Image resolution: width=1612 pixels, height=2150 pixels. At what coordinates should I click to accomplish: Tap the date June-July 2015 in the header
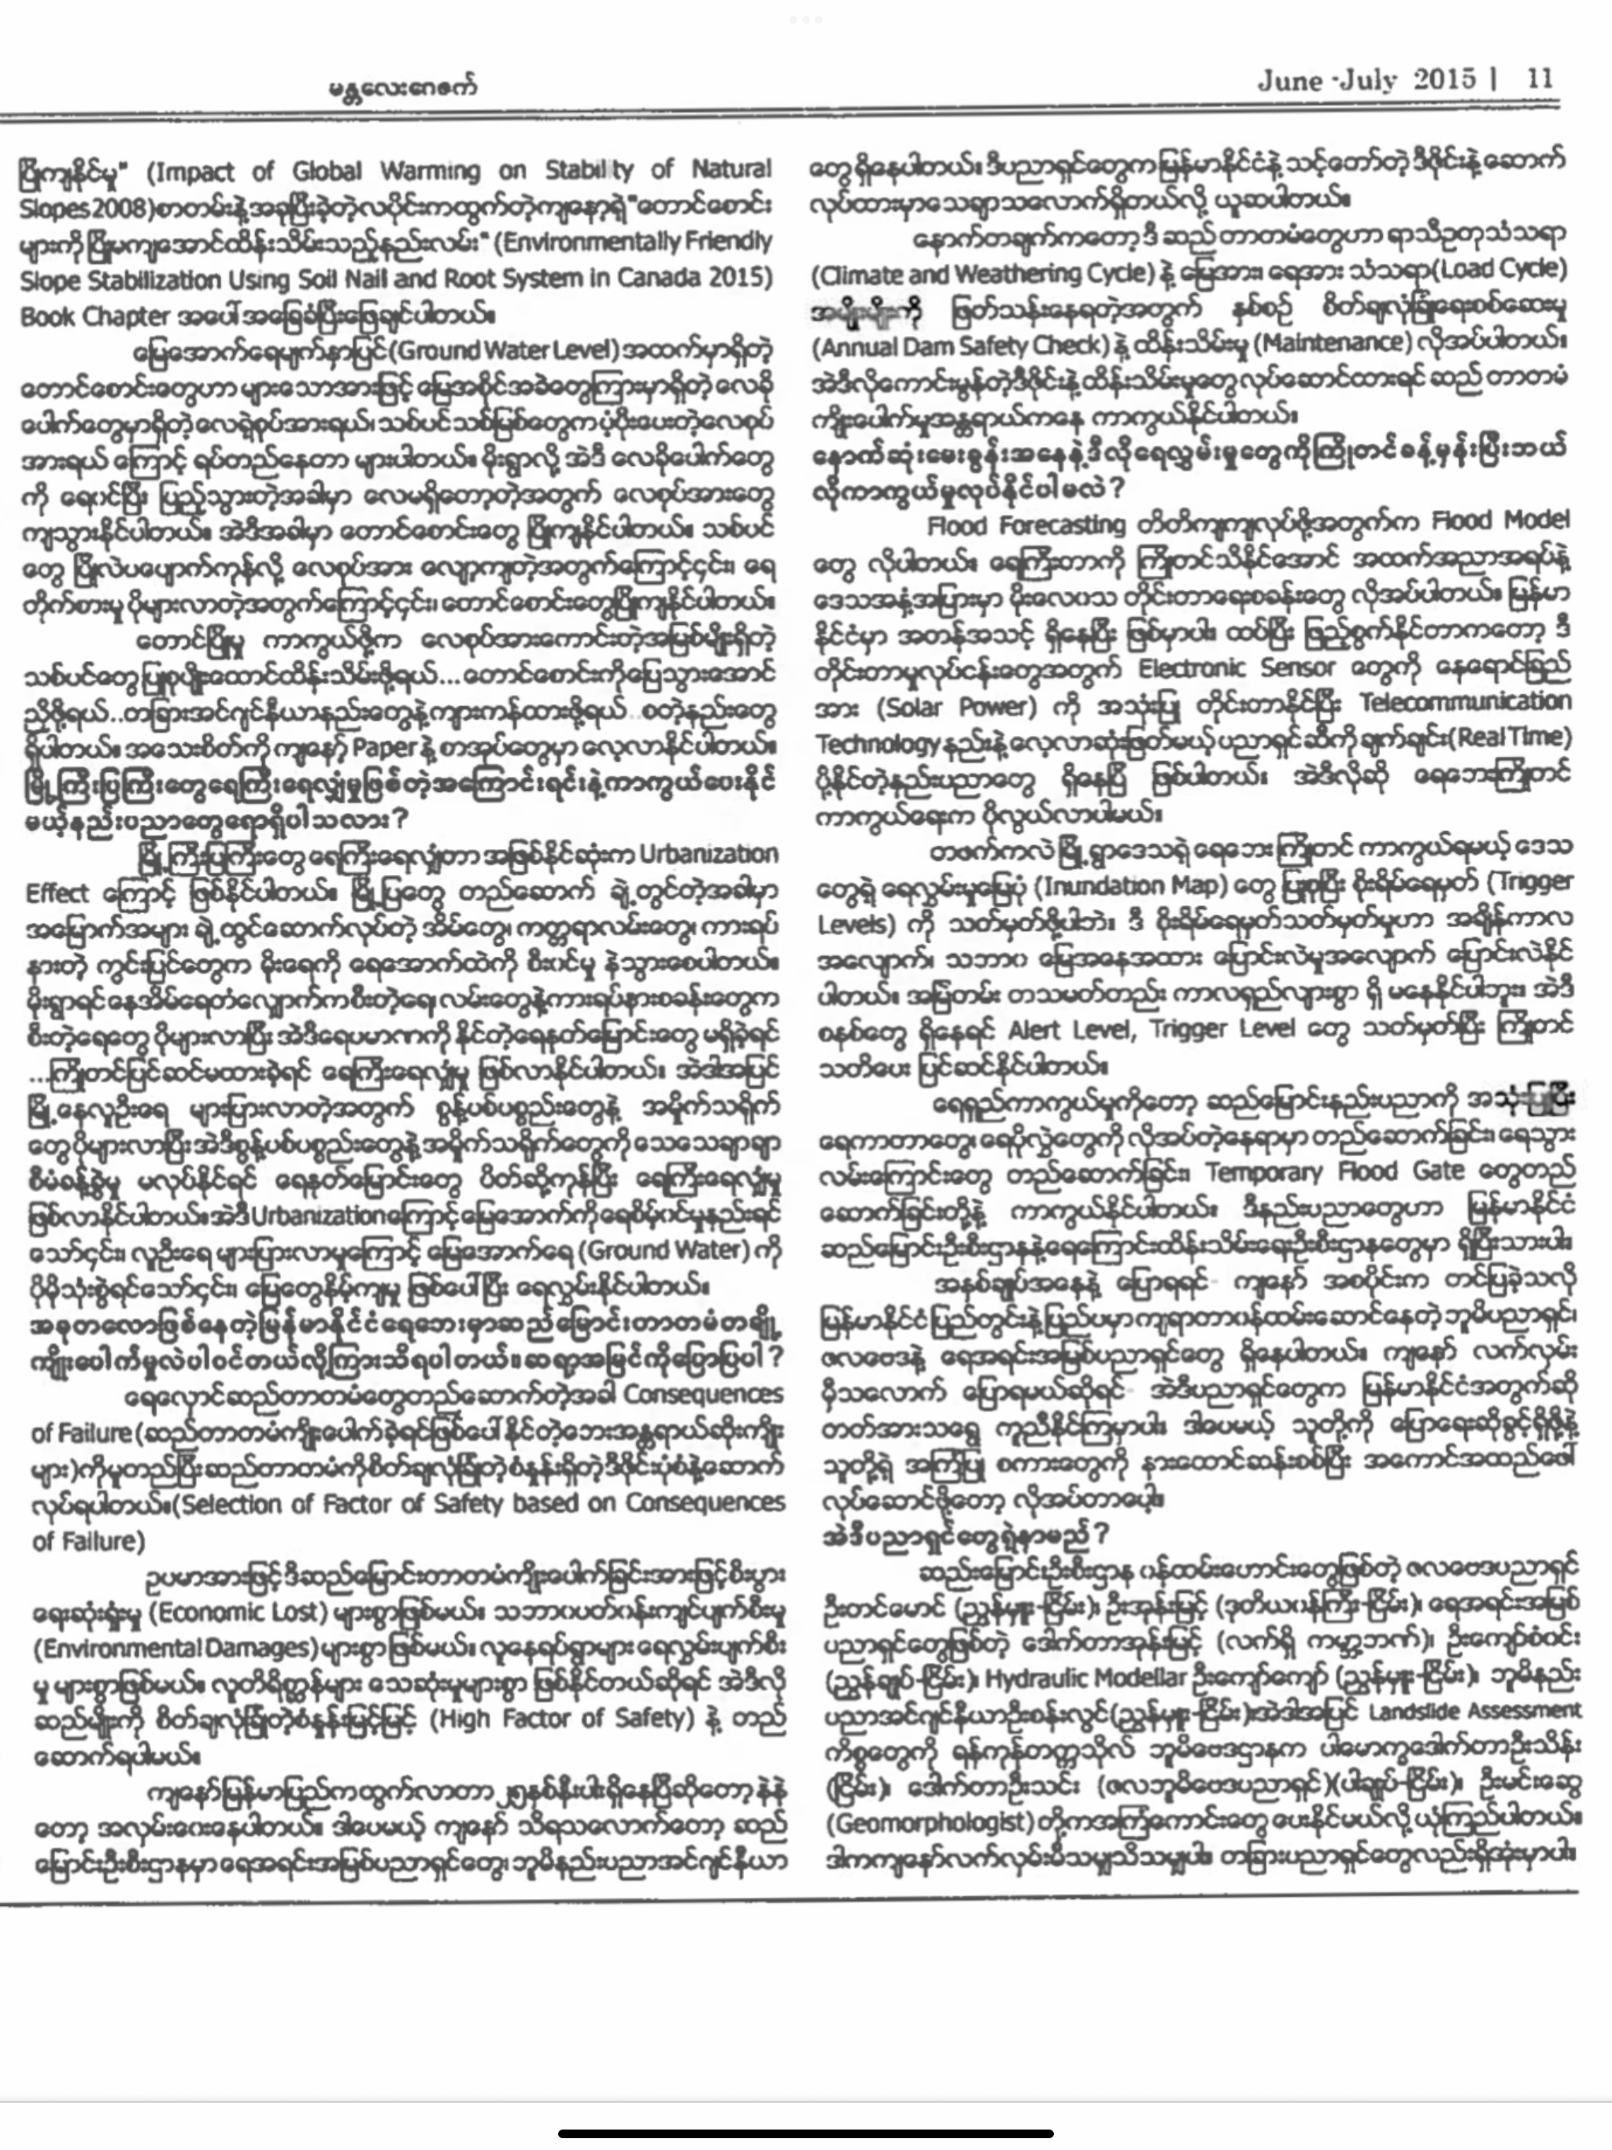tap(1366, 79)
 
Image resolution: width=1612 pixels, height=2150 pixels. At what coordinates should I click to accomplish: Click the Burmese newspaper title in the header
tap(402, 87)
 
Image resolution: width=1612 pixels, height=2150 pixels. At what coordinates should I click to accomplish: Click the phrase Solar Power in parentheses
tap(910, 707)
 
